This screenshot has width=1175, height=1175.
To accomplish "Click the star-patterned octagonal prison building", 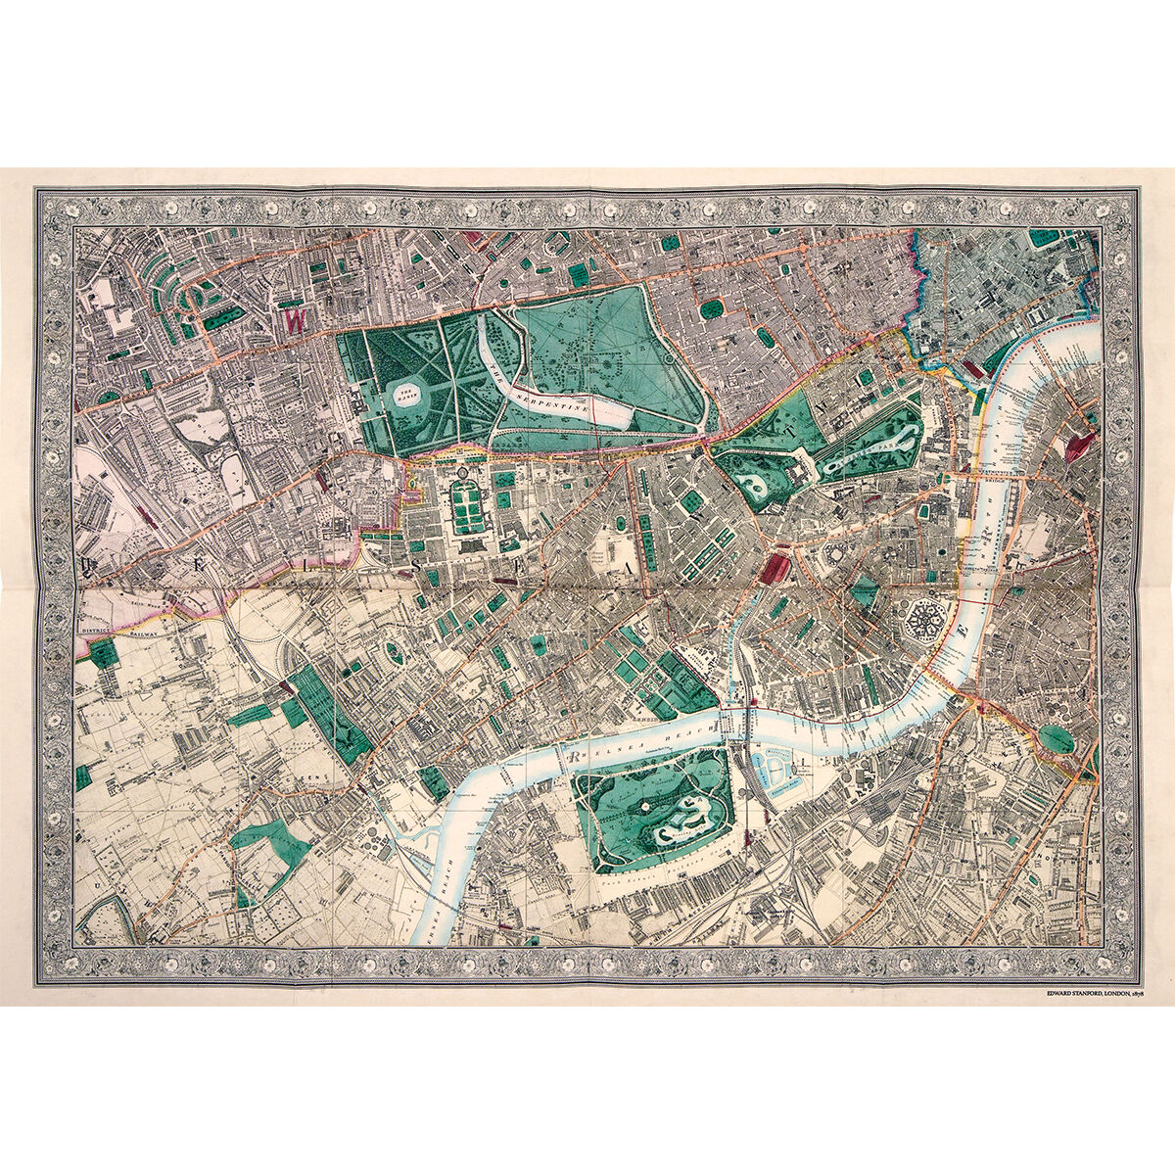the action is pyautogui.click(x=923, y=622).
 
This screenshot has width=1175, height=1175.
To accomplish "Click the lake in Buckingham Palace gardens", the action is pyautogui.click(x=756, y=483).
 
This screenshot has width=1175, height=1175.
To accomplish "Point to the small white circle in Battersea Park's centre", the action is pyautogui.click(x=646, y=805).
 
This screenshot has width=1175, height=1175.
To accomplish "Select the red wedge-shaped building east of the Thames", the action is pyautogui.click(x=1079, y=446).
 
